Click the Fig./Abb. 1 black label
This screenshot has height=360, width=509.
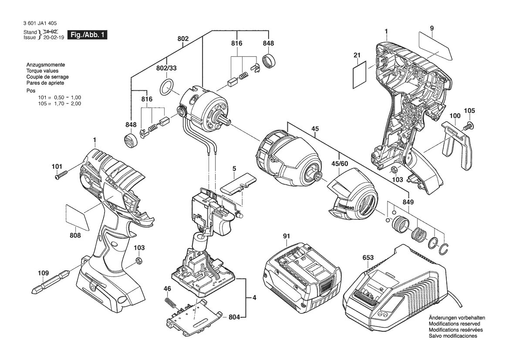click(87, 35)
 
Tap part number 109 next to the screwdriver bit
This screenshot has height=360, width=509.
click(43, 273)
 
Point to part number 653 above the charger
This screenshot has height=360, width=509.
click(368, 258)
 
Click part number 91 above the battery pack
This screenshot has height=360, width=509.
click(286, 236)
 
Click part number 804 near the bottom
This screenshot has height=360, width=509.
click(234, 317)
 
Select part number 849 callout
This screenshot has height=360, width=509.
click(408, 202)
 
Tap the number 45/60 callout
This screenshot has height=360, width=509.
click(340, 163)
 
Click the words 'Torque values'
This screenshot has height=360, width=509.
click(43, 71)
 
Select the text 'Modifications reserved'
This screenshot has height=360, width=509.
click(455, 324)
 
